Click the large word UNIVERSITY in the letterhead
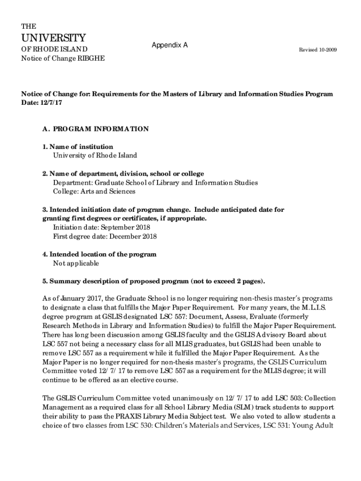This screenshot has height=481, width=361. click(53, 38)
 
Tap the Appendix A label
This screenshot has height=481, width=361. click(170, 45)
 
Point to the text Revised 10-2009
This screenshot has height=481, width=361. click(318, 50)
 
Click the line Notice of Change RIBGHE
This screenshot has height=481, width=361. click(63, 58)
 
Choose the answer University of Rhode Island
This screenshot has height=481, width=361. click(95, 155)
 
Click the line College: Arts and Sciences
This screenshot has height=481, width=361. click(94, 191)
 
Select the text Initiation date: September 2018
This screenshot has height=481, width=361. click(105, 227)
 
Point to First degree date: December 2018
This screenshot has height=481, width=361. click(105, 236)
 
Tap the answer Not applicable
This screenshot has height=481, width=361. click(76, 263)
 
